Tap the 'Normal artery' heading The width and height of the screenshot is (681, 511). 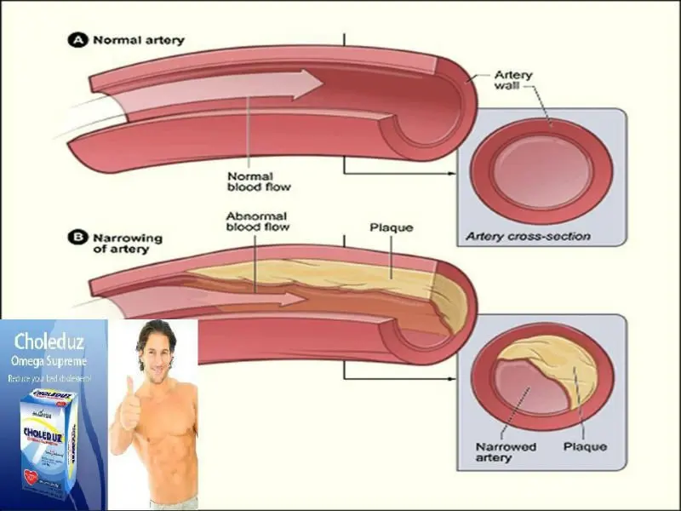click(x=138, y=40)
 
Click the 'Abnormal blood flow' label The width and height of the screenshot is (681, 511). click(x=257, y=221)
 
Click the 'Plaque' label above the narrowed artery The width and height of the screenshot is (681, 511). click(x=391, y=228)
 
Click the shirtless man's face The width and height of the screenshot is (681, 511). click(x=158, y=354)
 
